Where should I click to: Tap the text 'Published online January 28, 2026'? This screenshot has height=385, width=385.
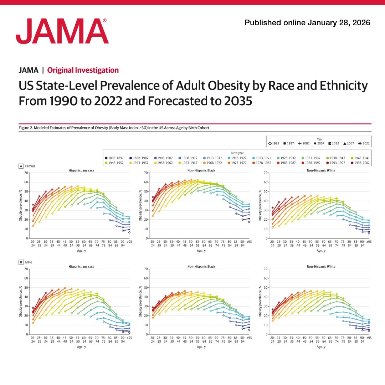click(307, 23)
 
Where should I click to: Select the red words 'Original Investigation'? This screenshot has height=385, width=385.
click(83, 70)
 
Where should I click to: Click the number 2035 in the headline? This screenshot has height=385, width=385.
click(235, 101)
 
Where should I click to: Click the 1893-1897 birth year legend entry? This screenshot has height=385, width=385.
click(114, 158)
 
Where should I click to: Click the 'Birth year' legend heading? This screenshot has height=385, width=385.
click(237, 152)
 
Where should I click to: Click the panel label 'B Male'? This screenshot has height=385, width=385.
click(25, 262)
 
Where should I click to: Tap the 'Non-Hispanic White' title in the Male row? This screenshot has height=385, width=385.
click(321, 266)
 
